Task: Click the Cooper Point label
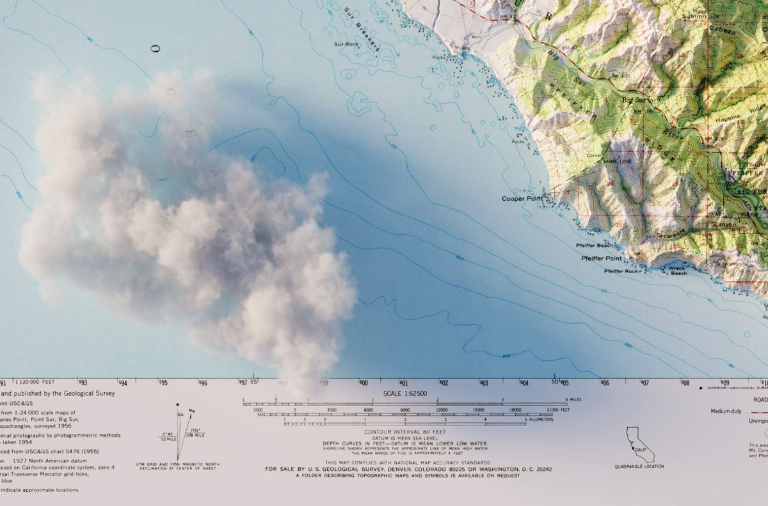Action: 522,198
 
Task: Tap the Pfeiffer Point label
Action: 601,258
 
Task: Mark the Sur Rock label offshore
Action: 346,44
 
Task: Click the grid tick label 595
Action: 163,383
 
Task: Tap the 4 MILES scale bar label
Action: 574,400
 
